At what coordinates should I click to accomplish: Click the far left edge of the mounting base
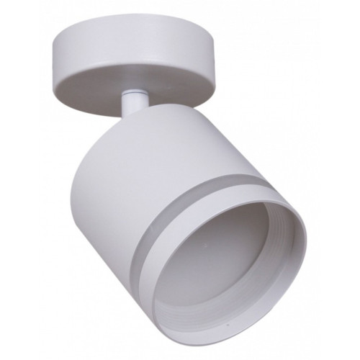[53, 54]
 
